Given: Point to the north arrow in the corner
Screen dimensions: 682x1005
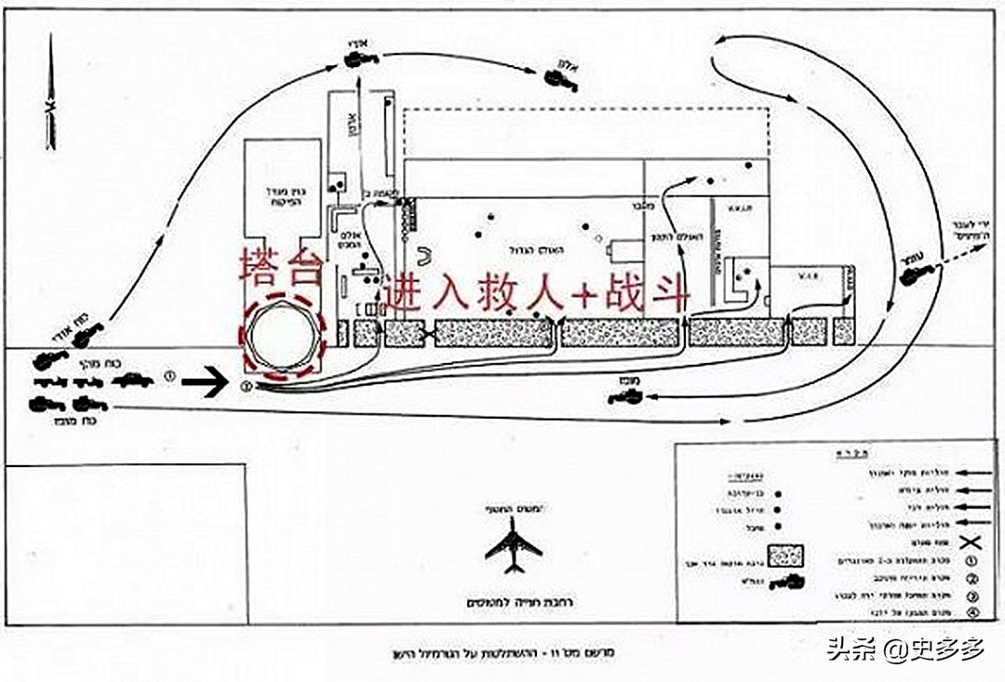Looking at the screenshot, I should pyautogui.click(x=51, y=93).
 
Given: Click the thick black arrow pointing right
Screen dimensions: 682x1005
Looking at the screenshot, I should pyautogui.click(x=204, y=381).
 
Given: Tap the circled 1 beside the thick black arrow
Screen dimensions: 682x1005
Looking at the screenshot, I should pyautogui.click(x=170, y=377).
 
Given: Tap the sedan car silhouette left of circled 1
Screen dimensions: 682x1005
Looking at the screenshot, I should pyautogui.click(x=135, y=380).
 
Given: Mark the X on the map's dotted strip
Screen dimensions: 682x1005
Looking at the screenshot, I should pyautogui.click(x=428, y=333).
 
